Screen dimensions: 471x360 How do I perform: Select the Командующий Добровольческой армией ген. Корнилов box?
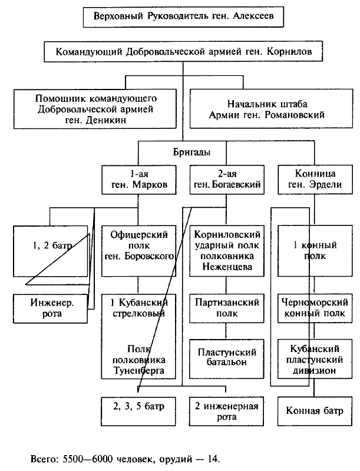coord(183,52)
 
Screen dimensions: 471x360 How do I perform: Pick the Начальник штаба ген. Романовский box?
coord(267,108)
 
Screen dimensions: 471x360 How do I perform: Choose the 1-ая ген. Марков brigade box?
coord(139,179)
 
